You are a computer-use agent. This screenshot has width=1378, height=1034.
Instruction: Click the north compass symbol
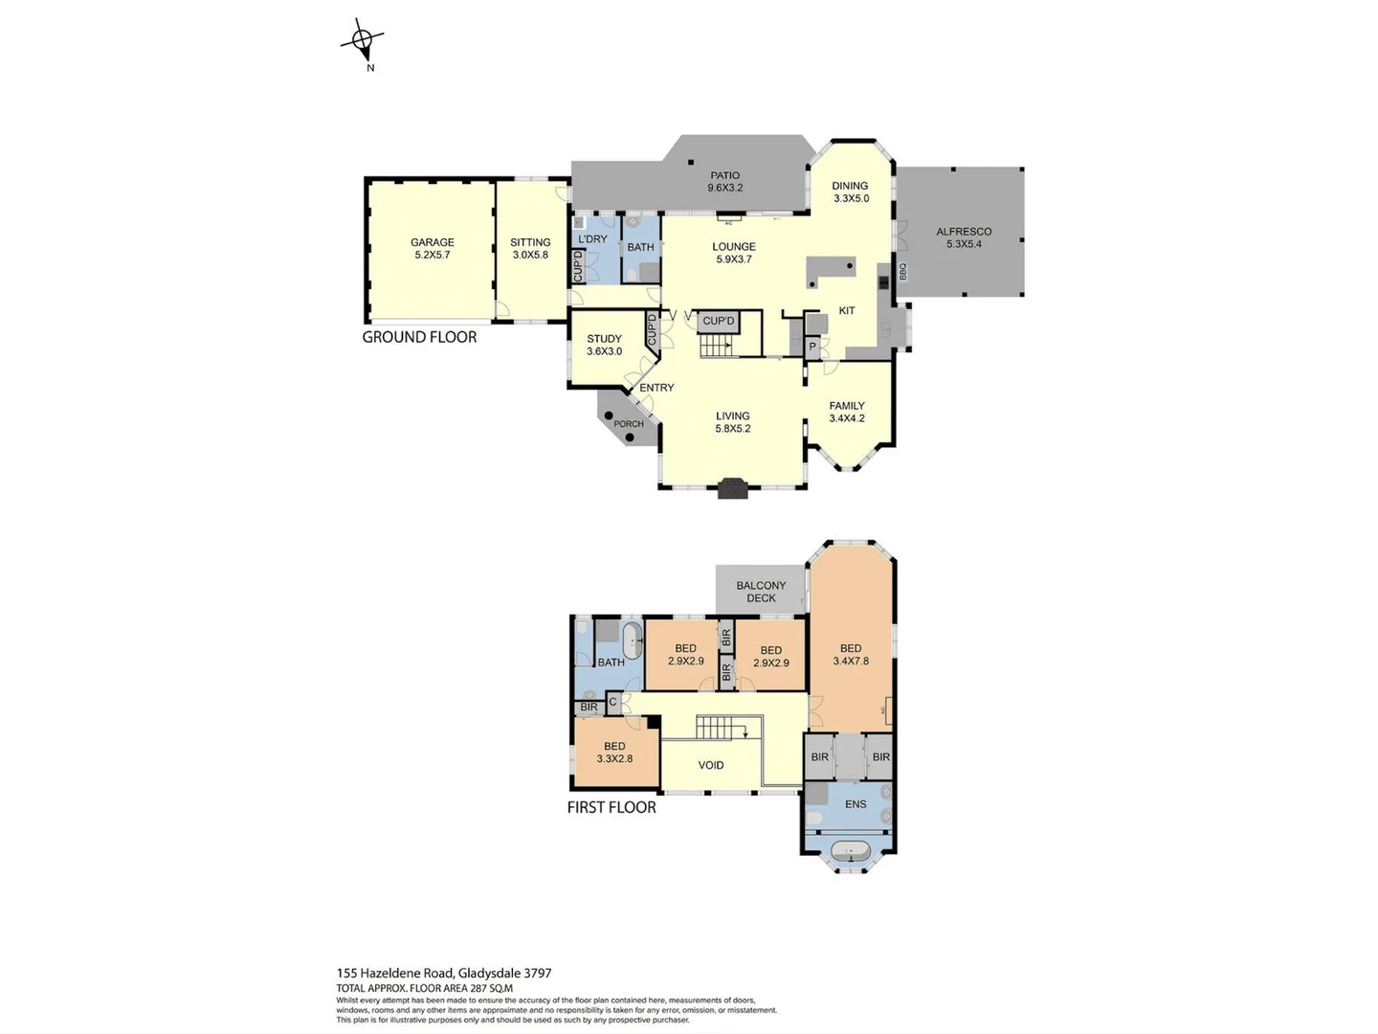(x=362, y=41)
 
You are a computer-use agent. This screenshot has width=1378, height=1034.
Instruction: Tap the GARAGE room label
(x=432, y=249)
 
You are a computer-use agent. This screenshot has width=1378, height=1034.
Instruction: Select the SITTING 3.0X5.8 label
(x=530, y=249)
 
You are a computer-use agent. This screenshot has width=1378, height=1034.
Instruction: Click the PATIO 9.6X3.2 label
(x=724, y=182)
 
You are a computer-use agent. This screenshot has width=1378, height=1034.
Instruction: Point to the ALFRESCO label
(x=964, y=237)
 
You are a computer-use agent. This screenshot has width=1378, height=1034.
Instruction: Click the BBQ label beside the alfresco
(x=902, y=272)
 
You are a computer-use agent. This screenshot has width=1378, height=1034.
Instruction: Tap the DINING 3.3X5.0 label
(x=850, y=192)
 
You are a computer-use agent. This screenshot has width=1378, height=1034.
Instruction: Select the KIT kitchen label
(x=847, y=310)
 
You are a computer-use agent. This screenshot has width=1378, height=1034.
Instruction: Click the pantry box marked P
(x=812, y=347)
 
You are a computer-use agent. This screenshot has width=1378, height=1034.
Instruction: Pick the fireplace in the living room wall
(x=732, y=488)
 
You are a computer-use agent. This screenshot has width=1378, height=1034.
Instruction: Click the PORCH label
(x=629, y=424)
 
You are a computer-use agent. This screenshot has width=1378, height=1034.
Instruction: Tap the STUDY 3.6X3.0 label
(x=604, y=345)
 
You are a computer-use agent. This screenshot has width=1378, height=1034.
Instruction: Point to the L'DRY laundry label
(x=592, y=239)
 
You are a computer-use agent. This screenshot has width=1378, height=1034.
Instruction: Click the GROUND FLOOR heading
(x=419, y=337)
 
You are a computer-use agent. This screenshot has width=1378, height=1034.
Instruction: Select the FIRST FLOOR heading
(x=611, y=807)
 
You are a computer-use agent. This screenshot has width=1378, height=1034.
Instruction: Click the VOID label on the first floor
(x=711, y=765)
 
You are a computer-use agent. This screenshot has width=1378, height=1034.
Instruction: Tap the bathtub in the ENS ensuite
(x=849, y=851)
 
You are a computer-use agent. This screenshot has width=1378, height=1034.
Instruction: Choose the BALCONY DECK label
(x=761, y=592)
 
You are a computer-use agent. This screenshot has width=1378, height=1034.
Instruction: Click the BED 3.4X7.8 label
(x=851, y=655)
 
